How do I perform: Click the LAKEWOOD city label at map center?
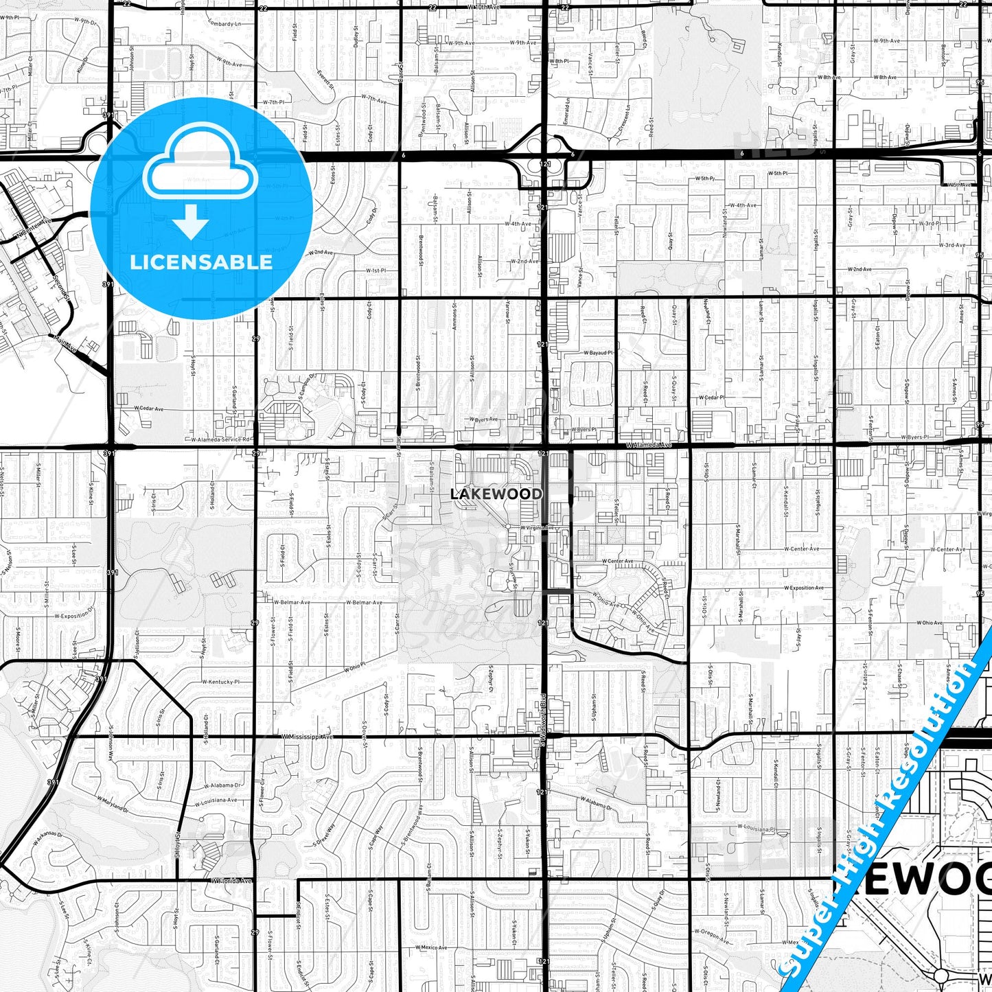(496, 494)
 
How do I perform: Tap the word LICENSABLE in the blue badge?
(201, 262)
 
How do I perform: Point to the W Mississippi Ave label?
(307, 737)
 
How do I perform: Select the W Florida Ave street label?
(231, 881)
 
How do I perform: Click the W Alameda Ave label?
(647, 445)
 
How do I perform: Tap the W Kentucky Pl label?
(220, 682)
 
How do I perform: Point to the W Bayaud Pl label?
(598, 352)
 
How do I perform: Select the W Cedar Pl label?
(712, 397)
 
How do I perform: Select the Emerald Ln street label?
(567, 111)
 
